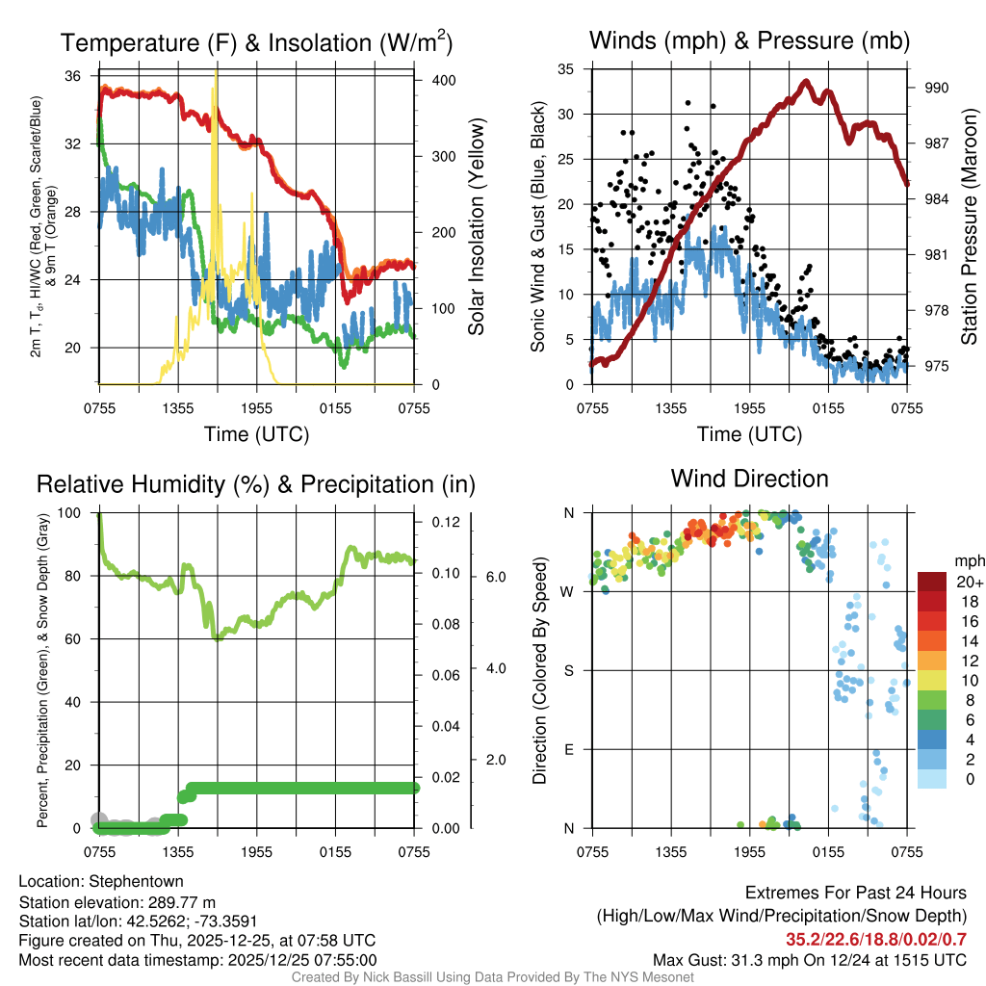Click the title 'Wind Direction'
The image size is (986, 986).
point(749,479)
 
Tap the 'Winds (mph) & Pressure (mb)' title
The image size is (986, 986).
point(749,41)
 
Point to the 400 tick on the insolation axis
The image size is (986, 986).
point(444,80)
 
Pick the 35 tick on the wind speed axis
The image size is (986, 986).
point(566,68)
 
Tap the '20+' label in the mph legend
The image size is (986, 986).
point(969,583)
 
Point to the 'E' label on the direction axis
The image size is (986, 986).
point(569,749)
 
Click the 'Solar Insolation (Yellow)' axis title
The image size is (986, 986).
point(476,227)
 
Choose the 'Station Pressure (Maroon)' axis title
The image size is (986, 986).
point(970,227)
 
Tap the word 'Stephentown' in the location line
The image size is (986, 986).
point(136,881)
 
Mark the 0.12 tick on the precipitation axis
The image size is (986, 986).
point(445,522)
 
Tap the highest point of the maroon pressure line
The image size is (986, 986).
point(807,81)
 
